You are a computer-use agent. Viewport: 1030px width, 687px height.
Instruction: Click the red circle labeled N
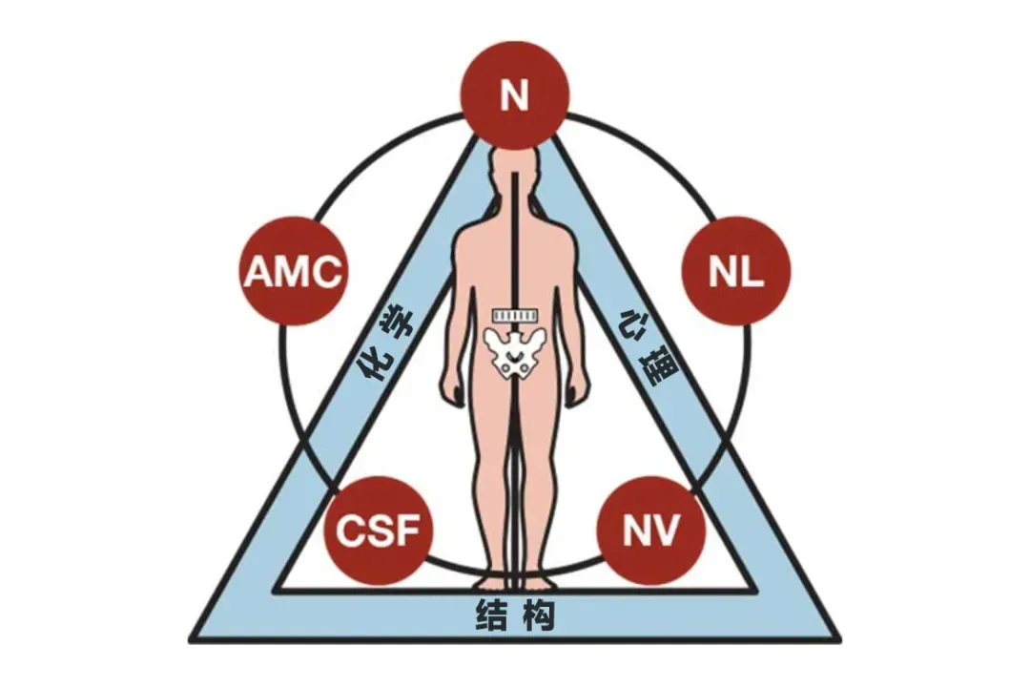click(x=514, y=94)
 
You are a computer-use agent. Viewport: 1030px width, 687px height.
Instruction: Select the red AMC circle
click(x=294, y=271)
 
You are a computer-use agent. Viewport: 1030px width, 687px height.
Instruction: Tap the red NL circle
click(x=736, y=271)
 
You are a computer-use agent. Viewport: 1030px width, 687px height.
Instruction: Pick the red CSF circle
click(x=379, y=530)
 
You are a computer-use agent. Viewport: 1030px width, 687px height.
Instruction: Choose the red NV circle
click(x=651, y=530)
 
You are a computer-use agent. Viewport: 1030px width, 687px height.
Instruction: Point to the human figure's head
click(x=515, y=169)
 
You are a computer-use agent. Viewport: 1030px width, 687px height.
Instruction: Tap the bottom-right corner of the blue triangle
click(x=841, y=640)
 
